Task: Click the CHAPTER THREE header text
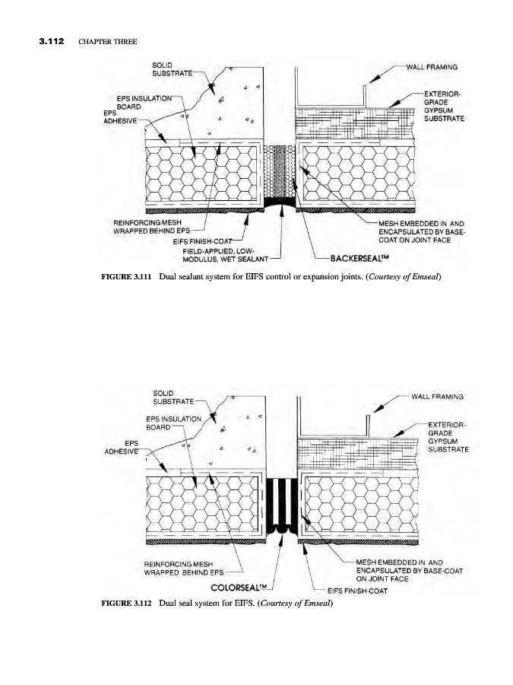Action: click(107, 40)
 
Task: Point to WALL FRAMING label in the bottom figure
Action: click(438, 395)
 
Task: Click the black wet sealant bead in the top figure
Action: click(282, 204)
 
